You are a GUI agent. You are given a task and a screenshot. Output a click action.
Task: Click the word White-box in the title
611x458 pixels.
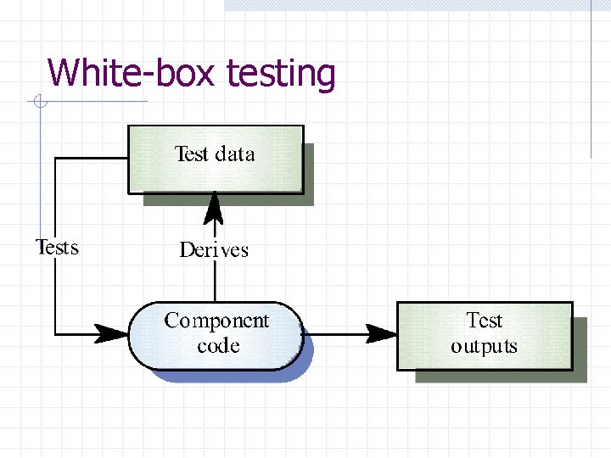tap(133, 73)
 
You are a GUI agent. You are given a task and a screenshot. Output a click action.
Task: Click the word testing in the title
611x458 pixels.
tap(281, 75)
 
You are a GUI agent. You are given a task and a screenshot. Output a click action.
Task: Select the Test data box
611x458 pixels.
tap(215, 159)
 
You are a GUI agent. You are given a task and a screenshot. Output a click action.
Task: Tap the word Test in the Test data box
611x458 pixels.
tap(191, 154)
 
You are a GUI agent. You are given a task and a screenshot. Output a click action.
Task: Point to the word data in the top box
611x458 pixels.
tap(235, 154)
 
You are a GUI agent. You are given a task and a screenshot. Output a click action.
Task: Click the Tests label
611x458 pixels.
tap(57, 248)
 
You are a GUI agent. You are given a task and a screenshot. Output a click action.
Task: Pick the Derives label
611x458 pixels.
tap(215, 249)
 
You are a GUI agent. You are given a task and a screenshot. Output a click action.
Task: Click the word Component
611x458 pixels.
tap(216, 321)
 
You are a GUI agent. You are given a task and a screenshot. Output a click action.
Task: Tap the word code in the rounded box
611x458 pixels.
tap(218, 346)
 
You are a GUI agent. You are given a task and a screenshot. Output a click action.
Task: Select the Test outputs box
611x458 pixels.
tap(484, 335)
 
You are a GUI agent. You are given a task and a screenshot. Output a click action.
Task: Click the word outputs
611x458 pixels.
tap(484, 347)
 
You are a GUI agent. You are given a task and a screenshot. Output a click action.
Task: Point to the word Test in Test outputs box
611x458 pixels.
tap(485, 321)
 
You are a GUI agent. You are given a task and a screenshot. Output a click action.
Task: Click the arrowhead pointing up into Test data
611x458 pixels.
tap(215, 204)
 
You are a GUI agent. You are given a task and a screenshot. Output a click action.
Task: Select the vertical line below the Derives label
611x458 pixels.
tap(215, 280)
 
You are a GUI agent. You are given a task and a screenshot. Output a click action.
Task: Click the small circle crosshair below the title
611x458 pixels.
tap(39, 103)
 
